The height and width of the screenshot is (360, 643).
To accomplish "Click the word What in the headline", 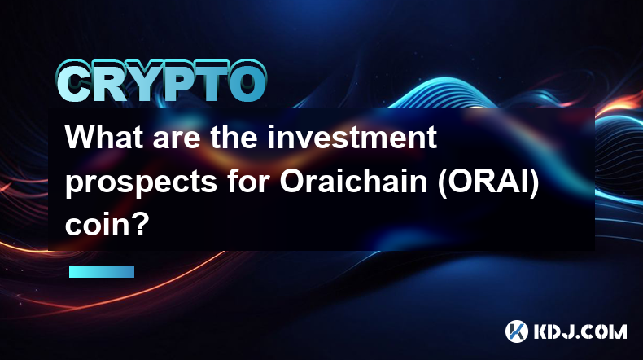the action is click(x=105, y=137).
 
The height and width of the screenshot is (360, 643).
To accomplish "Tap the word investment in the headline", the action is click(x=352, y=137).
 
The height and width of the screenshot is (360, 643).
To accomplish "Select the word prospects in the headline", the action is click(x=141, y=182).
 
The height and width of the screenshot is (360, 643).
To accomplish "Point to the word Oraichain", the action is click(x=354, y=182).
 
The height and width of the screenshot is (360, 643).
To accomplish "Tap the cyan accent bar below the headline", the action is click(x=102, y=271).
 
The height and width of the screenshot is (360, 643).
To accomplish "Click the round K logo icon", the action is click(x=516, y=331).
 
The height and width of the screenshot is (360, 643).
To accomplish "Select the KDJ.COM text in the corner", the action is click(x=580, y=331).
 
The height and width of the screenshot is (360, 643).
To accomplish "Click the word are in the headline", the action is click(x=177, y=140).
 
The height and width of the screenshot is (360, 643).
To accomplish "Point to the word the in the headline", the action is click(x=235, y=137).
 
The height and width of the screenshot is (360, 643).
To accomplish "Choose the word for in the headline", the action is click(x=248, y=182).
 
